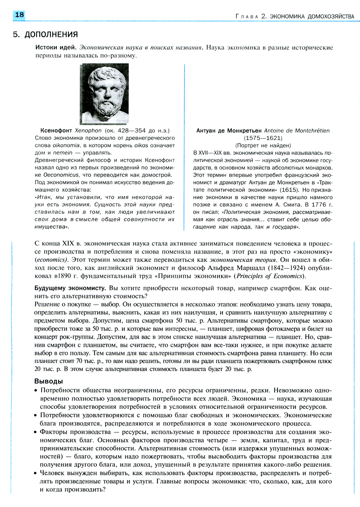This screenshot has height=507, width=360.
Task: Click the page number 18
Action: (x=19, y=15)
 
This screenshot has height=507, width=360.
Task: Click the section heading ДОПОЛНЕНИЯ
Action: (x=51, y=35)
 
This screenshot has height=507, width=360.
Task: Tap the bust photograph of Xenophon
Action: (x=104, y=94)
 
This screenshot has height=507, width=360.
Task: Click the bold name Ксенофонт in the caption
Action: (x=56, y=130)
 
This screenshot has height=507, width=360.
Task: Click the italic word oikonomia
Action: (x=66, y=145)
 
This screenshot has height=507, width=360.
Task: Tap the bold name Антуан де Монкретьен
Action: (x=229, y=131)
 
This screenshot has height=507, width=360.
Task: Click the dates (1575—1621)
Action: (x=263, y=138)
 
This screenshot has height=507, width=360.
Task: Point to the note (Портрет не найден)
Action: (x=263, y=145)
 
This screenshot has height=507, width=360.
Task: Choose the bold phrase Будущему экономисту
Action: (x=70, y=288)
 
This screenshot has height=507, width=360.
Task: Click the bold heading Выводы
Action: (x=49, y=381)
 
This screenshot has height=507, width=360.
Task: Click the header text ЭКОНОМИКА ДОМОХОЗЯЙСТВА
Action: (x=312, y=16)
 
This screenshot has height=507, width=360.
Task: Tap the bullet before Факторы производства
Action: (x=36, y=432)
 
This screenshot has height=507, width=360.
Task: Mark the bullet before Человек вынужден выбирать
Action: (x=36, y=473)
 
